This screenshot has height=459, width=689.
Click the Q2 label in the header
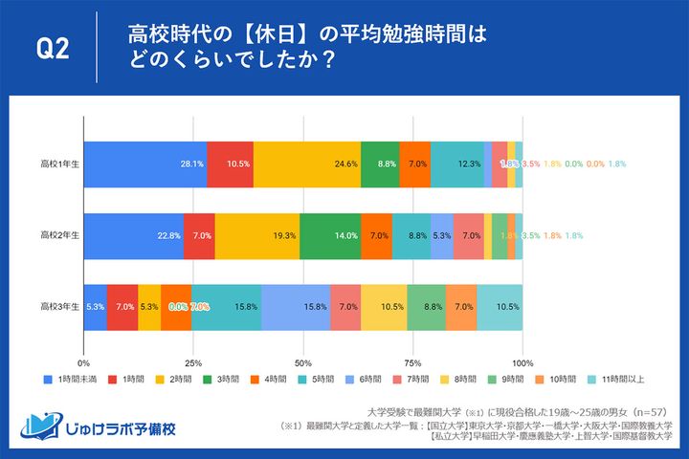pyautogui.click(x=52, y=49)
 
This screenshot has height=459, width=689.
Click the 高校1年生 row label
pyautogui.click(x=58, y=164)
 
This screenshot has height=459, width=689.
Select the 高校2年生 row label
pyautogui.click(x=58, y=235)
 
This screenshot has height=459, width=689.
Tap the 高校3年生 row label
pyautogui.click(x=58, y=307)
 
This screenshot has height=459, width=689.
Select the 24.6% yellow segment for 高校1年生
pyautogui.click(x=307, y=164)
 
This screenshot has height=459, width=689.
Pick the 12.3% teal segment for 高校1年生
pyautogui.click(x=456, y=164)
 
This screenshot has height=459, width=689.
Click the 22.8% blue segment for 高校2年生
pyautogui.click(x=134, y=235)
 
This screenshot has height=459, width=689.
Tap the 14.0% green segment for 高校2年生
pyautogui.click(x=330, y=235)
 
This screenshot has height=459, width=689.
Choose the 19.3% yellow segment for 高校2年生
pyautogui.click(x=257, y=235)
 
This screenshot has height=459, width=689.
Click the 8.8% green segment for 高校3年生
pyautogui.click(x=426, y=307)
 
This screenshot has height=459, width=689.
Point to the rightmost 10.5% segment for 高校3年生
pyautogui.click(x=500, y=307)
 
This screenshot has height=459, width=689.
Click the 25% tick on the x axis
pyautogui.click(x=193, y=362)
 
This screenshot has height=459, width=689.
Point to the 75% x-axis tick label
pyautogui.click(x=412, y=362)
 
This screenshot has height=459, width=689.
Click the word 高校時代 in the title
pyautogui.click(x=160, y=35)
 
